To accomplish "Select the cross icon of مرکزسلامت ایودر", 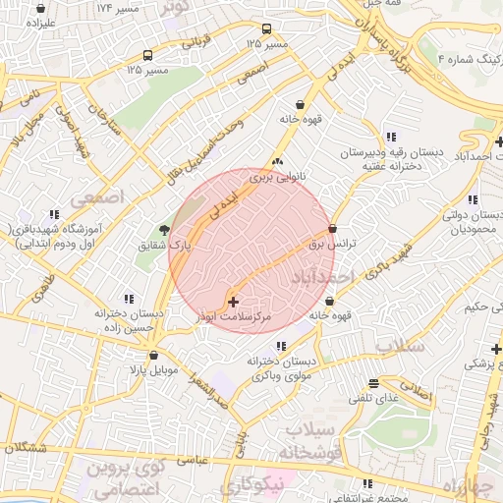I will tap(233, 300).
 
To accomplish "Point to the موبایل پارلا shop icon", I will tap(153, 355).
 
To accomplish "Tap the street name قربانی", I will tap(193, 43).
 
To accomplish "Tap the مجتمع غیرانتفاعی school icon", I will tap(367, 484).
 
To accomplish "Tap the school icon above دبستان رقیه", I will tap(391, 137).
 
